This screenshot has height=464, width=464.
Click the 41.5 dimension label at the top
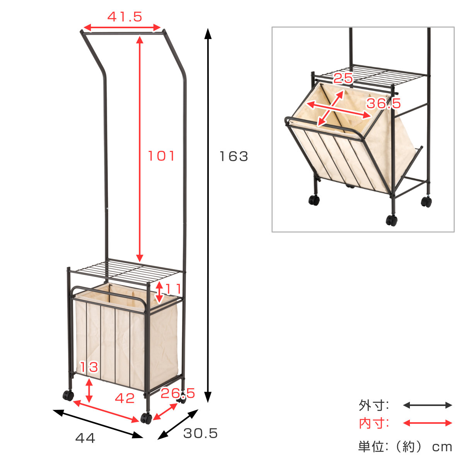point(125,17)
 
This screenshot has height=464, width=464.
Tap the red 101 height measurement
point(161,156)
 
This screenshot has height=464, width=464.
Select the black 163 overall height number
point(234,157)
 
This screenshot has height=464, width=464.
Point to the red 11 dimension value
point(173,289)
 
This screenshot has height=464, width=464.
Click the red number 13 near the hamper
point(89,367)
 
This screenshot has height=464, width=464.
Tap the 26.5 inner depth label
point(178,394)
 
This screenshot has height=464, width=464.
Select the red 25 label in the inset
point(343,78)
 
